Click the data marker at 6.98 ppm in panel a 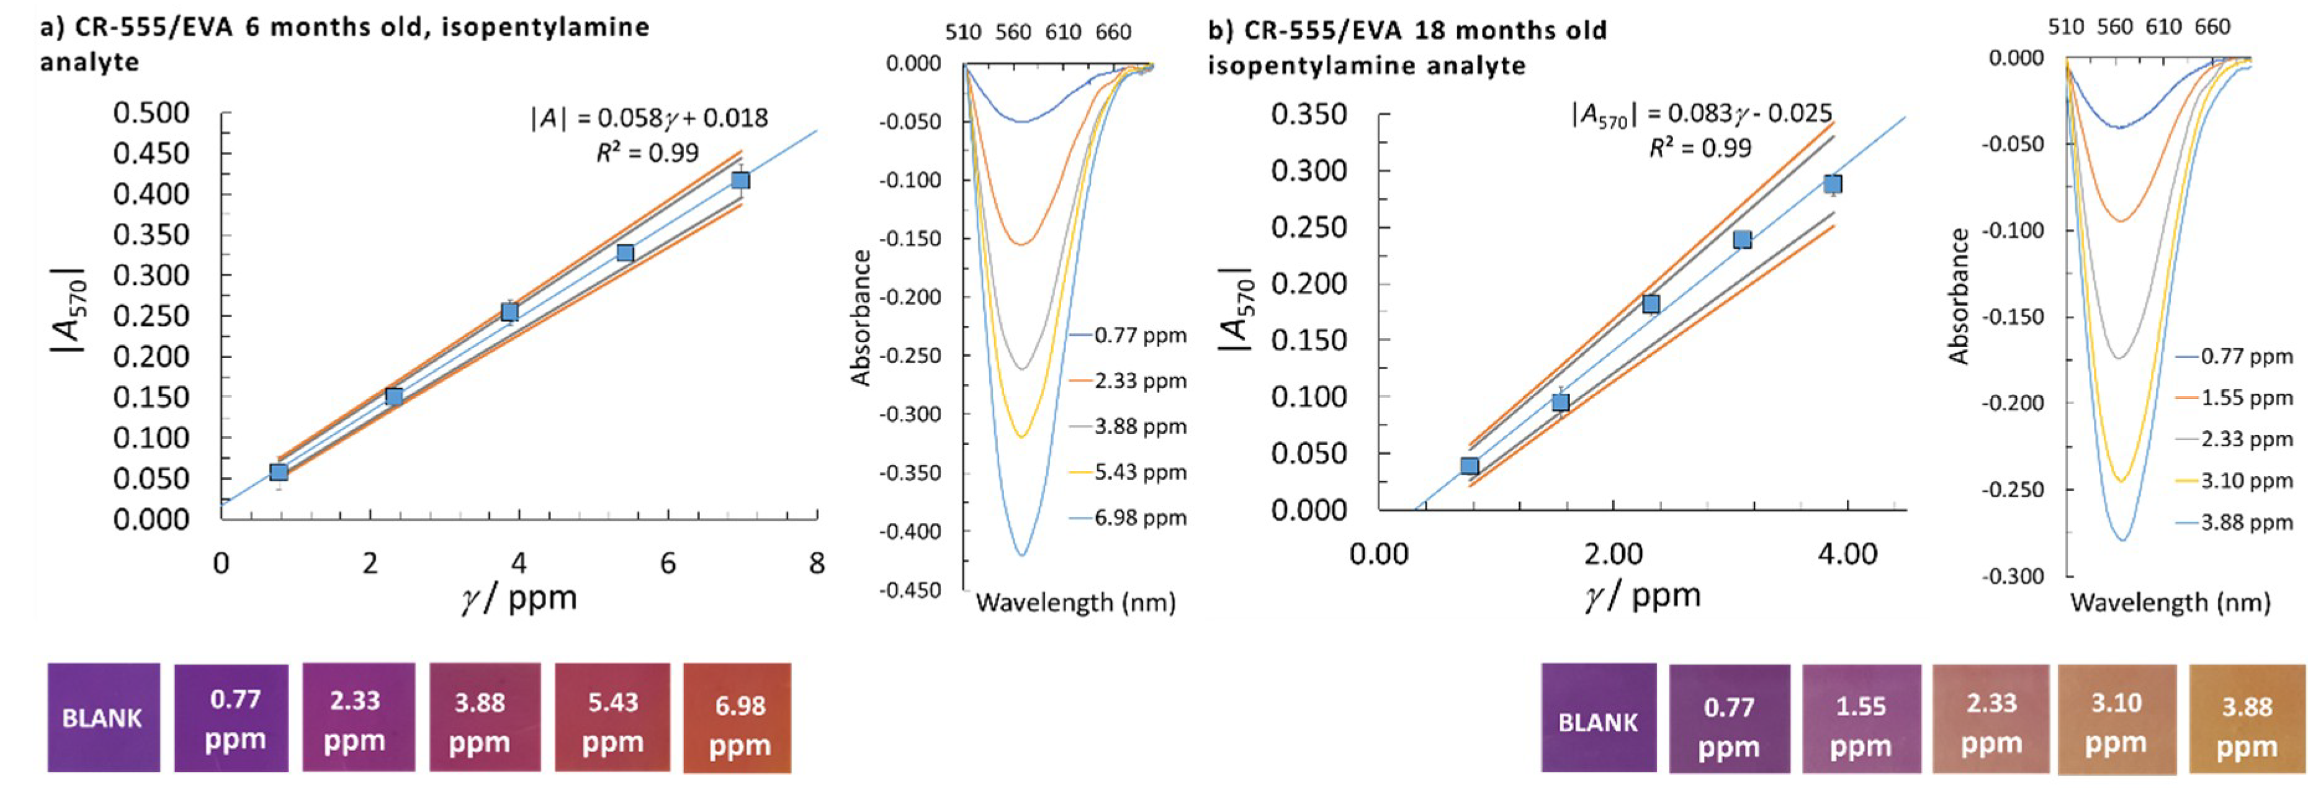click(x=740, y=181)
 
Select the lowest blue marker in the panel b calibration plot click(x=1469, y=465)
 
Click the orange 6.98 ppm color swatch click(x=737, y=718)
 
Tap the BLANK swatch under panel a click(x=104, y=717)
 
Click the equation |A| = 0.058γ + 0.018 click(x=649, y=118)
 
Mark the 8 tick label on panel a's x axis click(x=815, y=563)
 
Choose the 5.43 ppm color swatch click(x=613, y=718)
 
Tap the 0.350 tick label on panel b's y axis click(x=1308, y=115)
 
